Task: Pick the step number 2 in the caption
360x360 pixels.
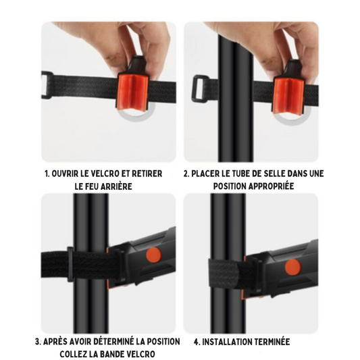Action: pyautogui.click(x=186, y=174)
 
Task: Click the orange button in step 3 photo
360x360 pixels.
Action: pyautogui.click(x=153, y=255)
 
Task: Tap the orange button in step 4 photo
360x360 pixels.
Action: pyautogui.click(x=292, y=267)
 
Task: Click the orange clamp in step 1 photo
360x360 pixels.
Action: pyautogui.click(x=133, y=92)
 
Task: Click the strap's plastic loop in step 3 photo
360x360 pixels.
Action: pyautogui.click(x=70, y=264)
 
